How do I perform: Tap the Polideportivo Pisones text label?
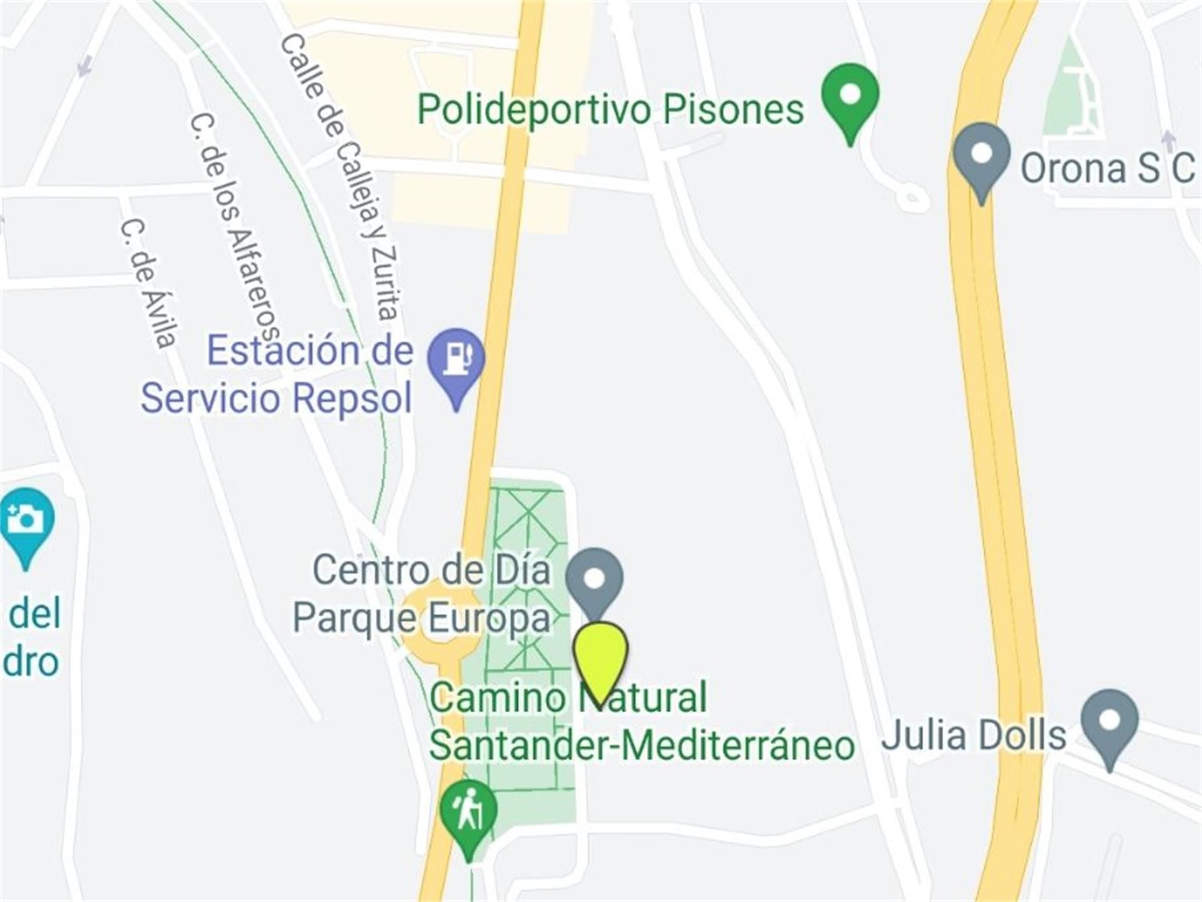coord(610,110)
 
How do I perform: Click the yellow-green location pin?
coord(600,657)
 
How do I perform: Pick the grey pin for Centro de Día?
coord(595,580)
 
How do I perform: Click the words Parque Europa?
coord(421,619)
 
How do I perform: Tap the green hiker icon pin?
coord(468,814)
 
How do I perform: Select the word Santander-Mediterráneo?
coord(642,746)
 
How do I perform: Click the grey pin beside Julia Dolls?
coord(1109,723)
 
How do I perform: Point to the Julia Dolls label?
coord(973,735)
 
